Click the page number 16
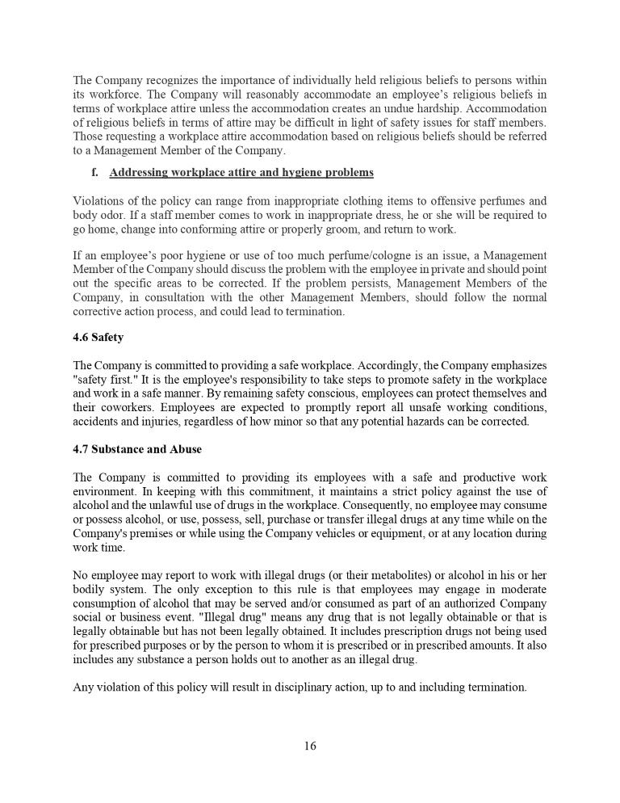click(310, 746)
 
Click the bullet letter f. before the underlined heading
click(95, 173)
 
